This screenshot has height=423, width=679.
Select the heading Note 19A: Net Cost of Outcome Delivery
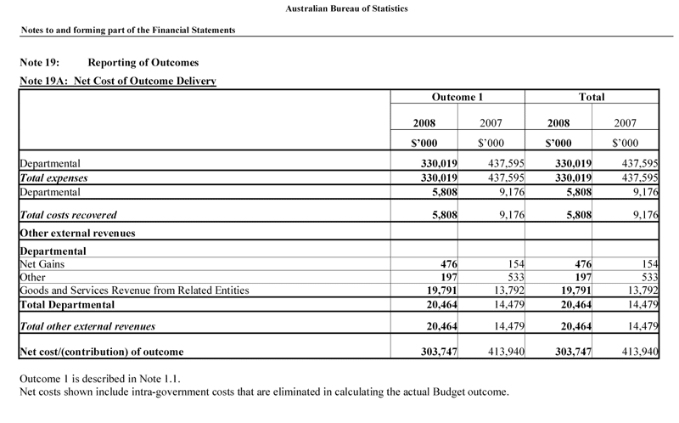tap(117, 82)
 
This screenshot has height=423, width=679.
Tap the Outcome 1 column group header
tap(457, 98)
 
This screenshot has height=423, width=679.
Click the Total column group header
tap(592, 98)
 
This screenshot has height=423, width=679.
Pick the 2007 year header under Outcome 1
tap(491, 122)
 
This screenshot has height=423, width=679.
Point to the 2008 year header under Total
tap(558, 122)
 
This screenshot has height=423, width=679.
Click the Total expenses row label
tap(53, 178)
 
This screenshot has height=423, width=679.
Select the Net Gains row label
tap(42, 264)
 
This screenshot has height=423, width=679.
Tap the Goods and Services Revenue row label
tap(133, 290)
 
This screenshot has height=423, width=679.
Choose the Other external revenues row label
tap(77, 233)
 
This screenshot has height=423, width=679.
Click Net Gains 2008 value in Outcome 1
tap(447, 264)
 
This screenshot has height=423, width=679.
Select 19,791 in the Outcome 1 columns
tap(441, 290)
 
